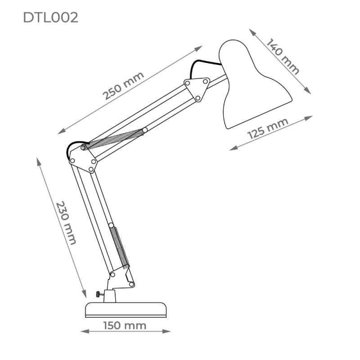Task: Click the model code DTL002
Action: pos(50,17)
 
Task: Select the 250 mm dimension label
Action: pos(123,85)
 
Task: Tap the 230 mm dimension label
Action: pos(66,223)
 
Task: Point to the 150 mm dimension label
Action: pos(125,325)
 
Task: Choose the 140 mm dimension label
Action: pos(283,57)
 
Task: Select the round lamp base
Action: pos(126,310)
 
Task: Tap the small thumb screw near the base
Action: pos(100,294)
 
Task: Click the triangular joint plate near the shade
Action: pos(197,89)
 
